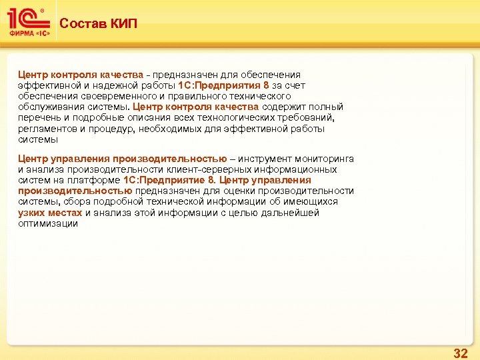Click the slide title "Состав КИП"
click(x=98, y=24)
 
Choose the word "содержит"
click(x=283, y=107)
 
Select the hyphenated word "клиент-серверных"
click(x=209, y=169)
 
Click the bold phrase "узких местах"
click(x=50, y=213)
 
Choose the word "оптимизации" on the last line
click(x=48, y=223)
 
